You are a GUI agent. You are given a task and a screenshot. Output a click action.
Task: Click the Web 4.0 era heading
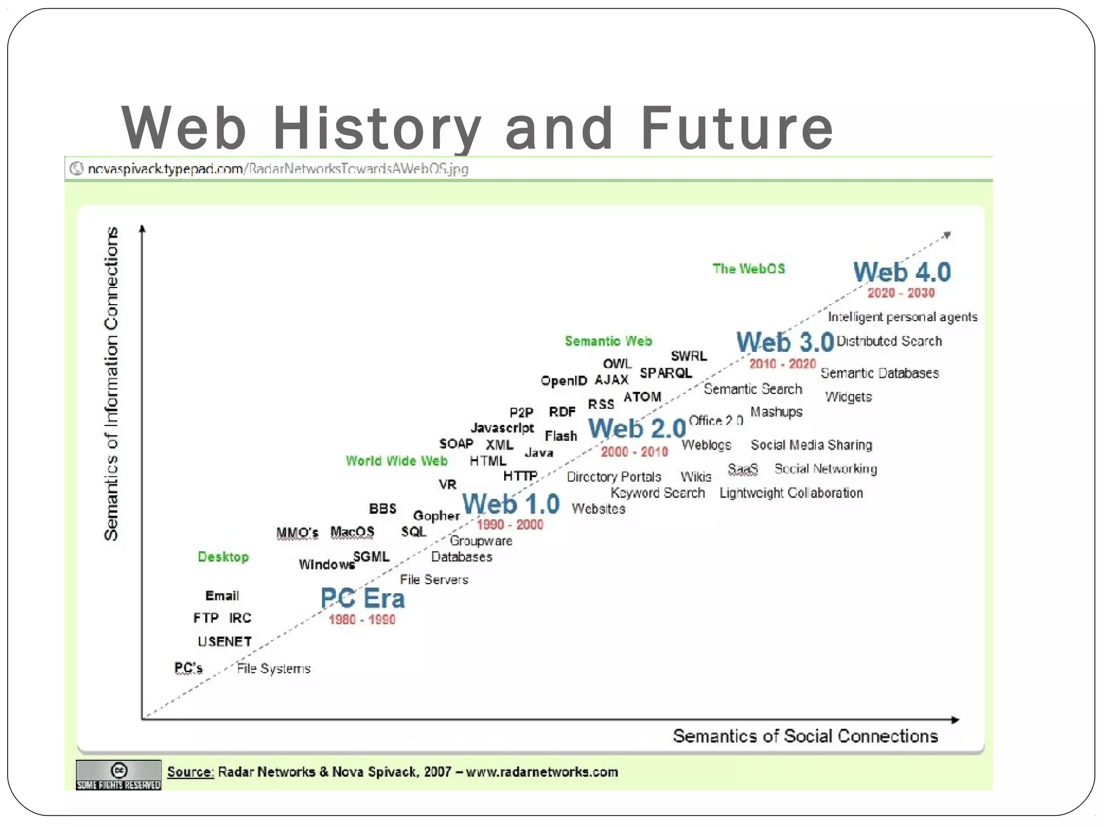[902, 272]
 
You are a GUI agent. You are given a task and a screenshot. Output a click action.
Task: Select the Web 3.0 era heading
[785, 342]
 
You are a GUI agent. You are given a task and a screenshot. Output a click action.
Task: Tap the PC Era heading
[362, 598]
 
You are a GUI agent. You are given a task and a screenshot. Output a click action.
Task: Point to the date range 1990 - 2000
[509, 524]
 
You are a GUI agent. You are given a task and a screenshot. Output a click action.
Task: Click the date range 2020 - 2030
[900, 293]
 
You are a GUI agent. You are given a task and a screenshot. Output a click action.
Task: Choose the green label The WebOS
[749, 269]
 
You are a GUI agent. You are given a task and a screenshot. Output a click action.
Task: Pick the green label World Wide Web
[396, 461]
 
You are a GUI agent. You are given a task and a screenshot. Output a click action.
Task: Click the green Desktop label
[223, 557]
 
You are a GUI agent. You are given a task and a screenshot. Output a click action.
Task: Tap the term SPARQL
[666, 373]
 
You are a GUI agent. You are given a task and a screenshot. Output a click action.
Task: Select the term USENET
[225, 642]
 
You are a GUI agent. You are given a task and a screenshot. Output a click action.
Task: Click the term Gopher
[436, 516]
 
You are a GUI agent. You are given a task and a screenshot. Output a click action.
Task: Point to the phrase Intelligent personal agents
[902, 317]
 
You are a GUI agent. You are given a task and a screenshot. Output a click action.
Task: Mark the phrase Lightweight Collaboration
[791, 493]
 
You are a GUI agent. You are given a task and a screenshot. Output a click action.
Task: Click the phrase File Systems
[274, 669]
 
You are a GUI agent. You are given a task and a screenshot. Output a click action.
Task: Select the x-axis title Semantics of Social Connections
[805, 736]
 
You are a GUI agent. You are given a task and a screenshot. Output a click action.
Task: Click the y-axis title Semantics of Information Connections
[111, 383]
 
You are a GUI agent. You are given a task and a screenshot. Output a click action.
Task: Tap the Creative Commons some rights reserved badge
[118, 775]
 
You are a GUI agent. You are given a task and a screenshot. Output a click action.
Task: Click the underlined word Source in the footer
[190, 772]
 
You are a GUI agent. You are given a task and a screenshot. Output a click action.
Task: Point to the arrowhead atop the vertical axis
[142, 228]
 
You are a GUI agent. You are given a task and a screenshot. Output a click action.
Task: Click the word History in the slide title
[376, 129]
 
